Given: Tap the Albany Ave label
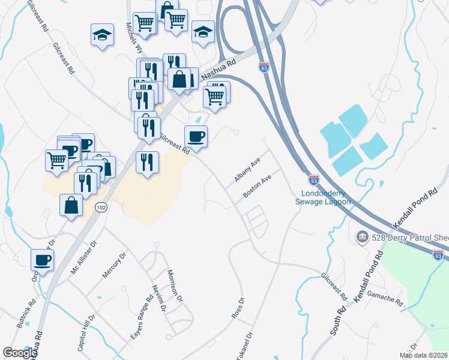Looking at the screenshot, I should coord(247,170).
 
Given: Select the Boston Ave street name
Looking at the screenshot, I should coord(258,187).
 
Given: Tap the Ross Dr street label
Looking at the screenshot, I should coord(238,308).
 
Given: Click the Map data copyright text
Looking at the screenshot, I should coord(424,355).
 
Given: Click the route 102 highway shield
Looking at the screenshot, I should coord(100,207).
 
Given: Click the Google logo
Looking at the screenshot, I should coord(20,353).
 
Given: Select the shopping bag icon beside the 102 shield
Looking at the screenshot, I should coord(71,205).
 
